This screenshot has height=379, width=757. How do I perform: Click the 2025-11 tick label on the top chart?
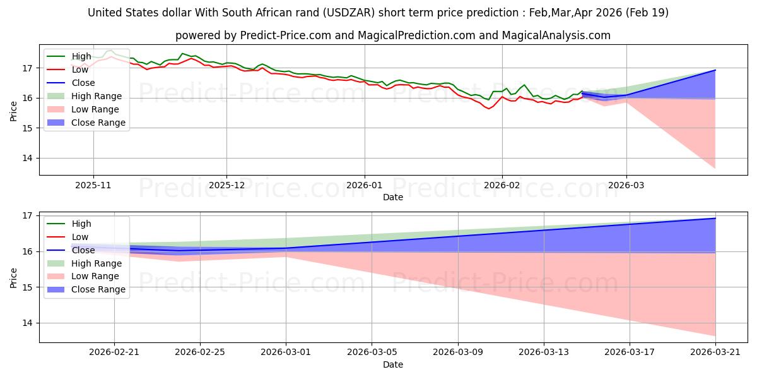coord(93,186)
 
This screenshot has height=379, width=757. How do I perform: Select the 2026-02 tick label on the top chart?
coord(502,186)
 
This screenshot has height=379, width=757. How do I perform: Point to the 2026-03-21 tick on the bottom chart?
coord(715,353)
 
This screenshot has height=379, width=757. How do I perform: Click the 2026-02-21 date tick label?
coord(114,353)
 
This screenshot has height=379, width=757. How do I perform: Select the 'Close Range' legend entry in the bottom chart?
coord(98,289)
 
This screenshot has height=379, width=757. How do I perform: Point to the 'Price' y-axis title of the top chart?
coord(14,111)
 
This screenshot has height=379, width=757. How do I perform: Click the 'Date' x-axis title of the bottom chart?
coord(393,364)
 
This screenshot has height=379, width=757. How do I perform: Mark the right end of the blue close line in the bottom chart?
coord(715,219)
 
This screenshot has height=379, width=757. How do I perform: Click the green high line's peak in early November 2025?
coord(111,51)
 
